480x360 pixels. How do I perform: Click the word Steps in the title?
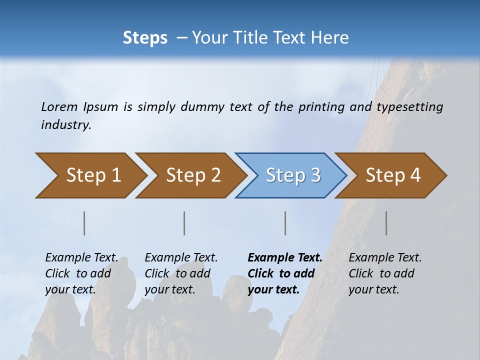[145, 38]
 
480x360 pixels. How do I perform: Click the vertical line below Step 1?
[84, 223]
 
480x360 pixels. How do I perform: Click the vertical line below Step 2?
[184, 223]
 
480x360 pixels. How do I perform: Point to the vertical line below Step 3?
[285, 223]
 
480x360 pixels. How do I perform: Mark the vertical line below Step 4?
[386, 223]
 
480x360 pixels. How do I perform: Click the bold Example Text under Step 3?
[285, 258]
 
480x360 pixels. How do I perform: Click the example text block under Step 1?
[81, 273]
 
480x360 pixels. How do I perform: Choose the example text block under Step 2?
[181, 273]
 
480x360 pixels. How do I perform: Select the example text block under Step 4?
[385, 273]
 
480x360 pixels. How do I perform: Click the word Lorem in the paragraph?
[59, 106]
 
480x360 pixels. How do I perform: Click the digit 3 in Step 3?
[315, 175]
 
